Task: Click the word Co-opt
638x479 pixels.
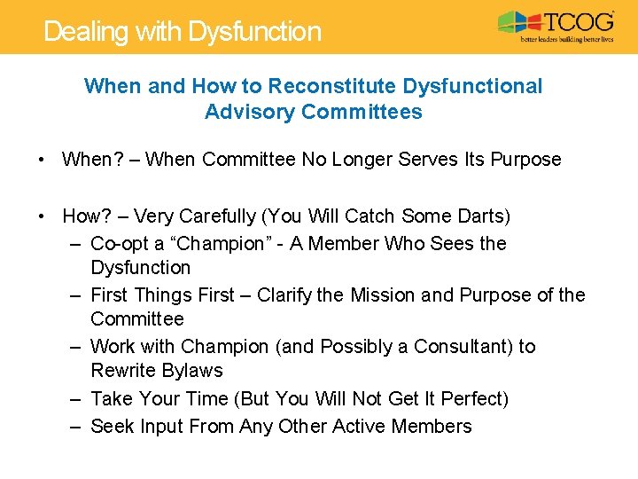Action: coord(119,243)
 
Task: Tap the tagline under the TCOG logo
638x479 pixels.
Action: coord(567,40)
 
